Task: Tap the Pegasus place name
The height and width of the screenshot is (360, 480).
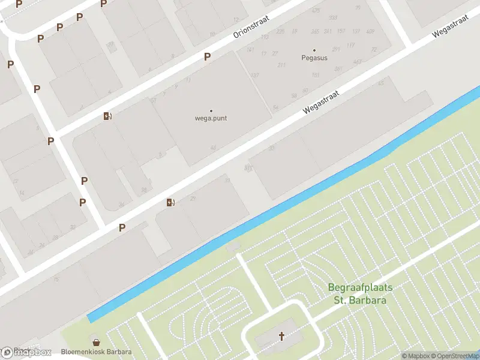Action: pos(314,58)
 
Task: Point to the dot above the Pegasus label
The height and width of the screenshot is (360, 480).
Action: pos(314,50)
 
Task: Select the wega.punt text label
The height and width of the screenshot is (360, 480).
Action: pos(211,118)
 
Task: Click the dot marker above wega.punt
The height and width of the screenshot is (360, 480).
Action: pos(211,110)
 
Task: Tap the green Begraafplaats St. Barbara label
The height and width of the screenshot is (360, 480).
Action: pos(360,293)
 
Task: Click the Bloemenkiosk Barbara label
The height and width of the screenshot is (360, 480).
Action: pos(96,352)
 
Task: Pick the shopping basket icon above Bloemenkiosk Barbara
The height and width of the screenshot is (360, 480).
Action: pos(94,341)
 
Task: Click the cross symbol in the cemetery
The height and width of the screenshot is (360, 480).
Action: pos(281,336)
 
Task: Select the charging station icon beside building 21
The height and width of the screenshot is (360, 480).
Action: pos(171,202)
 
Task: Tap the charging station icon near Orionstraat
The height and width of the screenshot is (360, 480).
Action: pos(107,116)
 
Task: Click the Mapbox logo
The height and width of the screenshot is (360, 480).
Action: pos(27,353)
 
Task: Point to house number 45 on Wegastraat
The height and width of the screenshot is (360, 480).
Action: pos(380,83)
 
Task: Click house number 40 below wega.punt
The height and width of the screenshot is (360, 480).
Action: pos(213,148)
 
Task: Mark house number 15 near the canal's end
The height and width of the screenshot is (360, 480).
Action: pos(57,279)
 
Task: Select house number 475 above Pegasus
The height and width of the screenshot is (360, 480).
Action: pos(316,10)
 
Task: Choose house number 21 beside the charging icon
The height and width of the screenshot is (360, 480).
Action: pos(193,199)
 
